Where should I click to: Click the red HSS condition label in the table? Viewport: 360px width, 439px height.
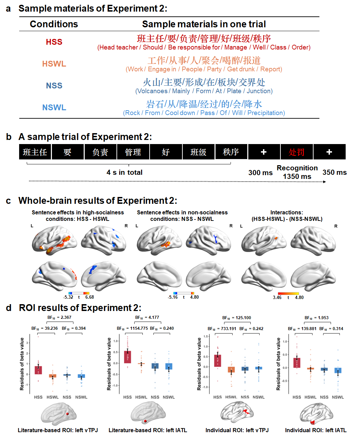pyautogui.click(x=54, y=42)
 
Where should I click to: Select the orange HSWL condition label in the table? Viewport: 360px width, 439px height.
pyautogui.click(x=54, y=64)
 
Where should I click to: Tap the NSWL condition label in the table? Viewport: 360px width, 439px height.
pyautogui.click(x=54, y=108)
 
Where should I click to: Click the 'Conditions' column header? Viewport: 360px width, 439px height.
pyautogui.click(x=54, y=24)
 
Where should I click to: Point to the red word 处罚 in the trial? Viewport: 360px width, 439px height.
pyautogui.click(x=296, y=152)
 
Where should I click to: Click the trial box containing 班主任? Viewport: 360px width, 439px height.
pyautogui.click(x=35, y=152)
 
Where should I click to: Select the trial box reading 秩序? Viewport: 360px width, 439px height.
pyautogui.click(x=231, y=152)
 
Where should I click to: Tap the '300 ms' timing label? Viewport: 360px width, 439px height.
pyautogui.click(x=260, y=173)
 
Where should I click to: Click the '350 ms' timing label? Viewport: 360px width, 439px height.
pyautogui.click(x=334, y=172)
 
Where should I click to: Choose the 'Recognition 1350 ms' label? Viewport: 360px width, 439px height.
pyautogui.click(x=297, y=172)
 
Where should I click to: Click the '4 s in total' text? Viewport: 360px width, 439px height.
pyautogui.click(x=124, y=172)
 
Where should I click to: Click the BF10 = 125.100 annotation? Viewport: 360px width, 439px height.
pyautogui.click(x=237, y=318)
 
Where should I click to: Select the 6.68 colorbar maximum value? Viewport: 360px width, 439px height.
pyautogui.click(x=89, y=297)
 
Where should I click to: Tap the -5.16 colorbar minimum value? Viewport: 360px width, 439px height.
pyautogui.click(x=173, y=297)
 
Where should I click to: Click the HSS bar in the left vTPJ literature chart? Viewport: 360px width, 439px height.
pyautogui.click(x=38, y=370)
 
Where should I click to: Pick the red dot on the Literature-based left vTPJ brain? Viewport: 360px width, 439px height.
pyautogui.click(x=68, y=414)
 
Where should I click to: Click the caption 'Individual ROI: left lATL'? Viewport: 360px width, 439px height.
pyautogui.click(x=316, y=430)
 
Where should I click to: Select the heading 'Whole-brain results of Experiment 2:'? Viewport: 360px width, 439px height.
pyautogui.click(x=98, y=201)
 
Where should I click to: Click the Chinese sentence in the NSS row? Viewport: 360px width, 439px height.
pyautogui.click(x=204, y=82)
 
